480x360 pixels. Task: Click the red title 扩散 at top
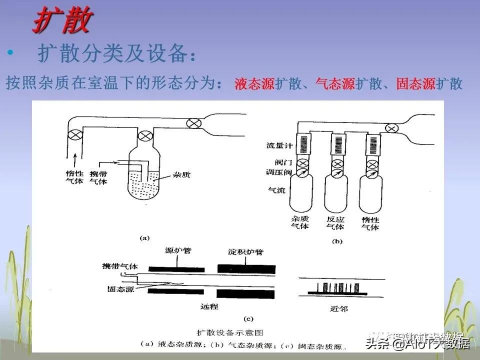point(62,21)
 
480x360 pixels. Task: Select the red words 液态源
point(254,84)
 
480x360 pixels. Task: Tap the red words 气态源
point(335,84)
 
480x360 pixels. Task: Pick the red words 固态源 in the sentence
point(416,84)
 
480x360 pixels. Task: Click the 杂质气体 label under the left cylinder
point(299,222)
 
